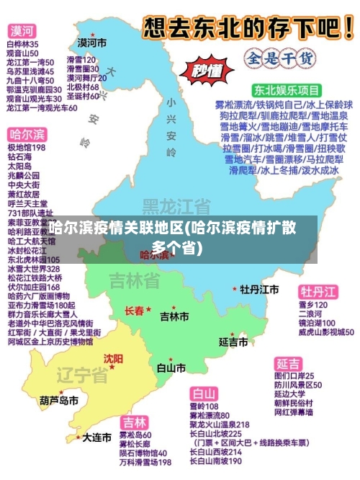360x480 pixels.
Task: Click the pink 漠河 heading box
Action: pos(22,31)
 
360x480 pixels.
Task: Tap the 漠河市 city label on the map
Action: pos(92,43)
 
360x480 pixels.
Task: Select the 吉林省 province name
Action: pos(135,280)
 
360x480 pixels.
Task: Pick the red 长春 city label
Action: pos(134,311)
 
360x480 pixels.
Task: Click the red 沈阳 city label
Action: pos(114,358)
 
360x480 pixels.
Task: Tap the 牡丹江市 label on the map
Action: pos(260,289)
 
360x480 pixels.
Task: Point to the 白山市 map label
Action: pos(171,367)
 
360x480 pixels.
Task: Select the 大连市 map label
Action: pos(96,437)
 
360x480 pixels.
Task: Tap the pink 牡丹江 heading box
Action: pos(318,291)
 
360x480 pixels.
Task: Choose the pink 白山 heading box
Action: pos(204,394)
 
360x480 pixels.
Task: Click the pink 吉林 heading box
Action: pos(135,422)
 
